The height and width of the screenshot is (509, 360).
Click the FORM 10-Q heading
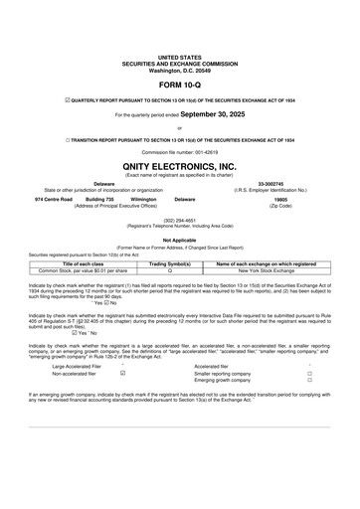(179, 84)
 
